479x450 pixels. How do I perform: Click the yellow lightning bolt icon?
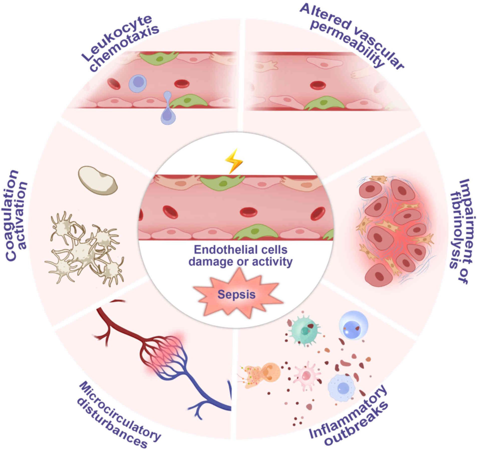pos(233,161)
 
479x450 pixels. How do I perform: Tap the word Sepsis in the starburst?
pos(236,294)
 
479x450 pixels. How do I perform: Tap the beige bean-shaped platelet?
pos(97,180)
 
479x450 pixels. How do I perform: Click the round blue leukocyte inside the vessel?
pos(137,83)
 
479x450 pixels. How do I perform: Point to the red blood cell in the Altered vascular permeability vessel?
pos(318,85)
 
